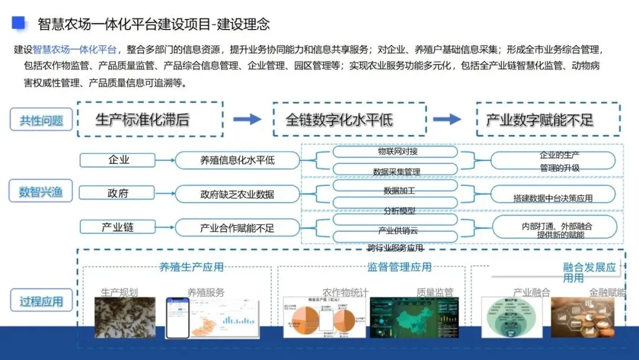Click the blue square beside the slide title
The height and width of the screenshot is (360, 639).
(x=19, y=22)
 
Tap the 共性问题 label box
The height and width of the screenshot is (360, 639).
(x=41, y=120)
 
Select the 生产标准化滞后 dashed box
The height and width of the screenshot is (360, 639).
(x=150, y=120)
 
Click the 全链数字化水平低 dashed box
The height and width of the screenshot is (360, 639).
(x=349, y=120)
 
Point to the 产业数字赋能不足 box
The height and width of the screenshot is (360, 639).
(x=548, y=120)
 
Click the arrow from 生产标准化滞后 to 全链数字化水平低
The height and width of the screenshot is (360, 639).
(x=247, y=120)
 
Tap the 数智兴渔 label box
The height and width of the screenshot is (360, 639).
(x=41, y=191)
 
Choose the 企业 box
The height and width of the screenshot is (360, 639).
(x=118, y=160)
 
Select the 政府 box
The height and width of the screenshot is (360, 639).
(x=118, y=193)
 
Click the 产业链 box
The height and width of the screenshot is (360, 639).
(x=118, y=227)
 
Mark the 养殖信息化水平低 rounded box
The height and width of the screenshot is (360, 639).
(x=237, y=160)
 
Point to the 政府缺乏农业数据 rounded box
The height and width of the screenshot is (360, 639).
(x=237, y=194)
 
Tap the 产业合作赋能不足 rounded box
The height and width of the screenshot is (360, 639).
(x=237, y=227)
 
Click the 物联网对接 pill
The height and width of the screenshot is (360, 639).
(x=395, y=152)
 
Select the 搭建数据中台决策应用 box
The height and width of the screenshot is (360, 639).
(x=553, y=195)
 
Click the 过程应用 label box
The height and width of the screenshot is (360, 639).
(x=41, y=301)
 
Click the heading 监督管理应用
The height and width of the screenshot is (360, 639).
(x=399, y=268)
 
